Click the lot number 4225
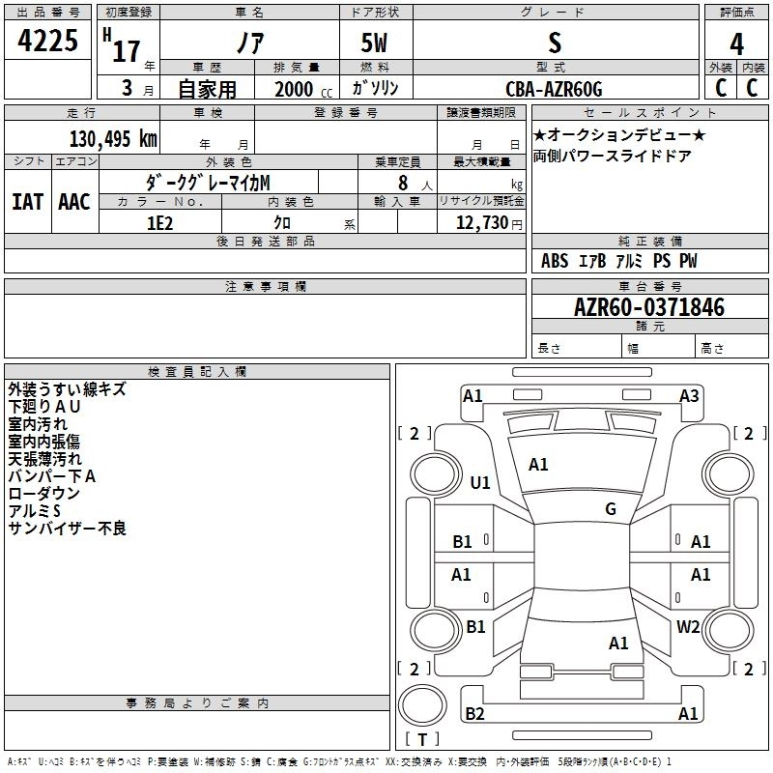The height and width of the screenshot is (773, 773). [48, 42]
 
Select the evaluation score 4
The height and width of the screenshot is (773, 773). [737, 44]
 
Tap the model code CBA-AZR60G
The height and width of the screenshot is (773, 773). [554, 89]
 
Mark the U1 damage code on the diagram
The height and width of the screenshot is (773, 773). [479, 483]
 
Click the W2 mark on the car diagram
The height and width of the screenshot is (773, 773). [688, 626]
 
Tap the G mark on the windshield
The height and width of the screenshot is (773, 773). [611, 509]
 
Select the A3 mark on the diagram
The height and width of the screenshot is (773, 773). [688, 395]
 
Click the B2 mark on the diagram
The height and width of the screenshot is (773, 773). [474, 713]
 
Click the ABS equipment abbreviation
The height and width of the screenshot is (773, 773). [555, 261]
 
